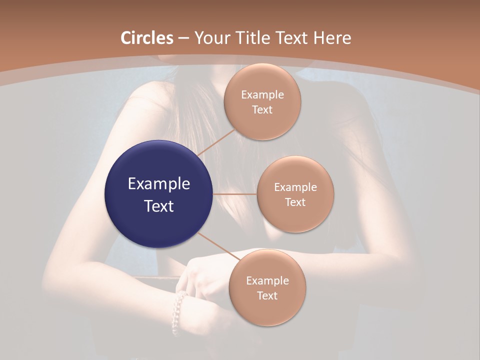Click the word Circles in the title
pos(147,38)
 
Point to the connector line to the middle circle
pos(235,193)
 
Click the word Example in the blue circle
pos(159,184)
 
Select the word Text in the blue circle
pos(159,206)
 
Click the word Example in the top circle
pos(262,95)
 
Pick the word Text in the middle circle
pos(295,202)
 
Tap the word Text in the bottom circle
pos(267,295)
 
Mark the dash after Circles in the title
pos(183,38)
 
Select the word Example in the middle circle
pos(295,187)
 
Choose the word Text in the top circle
pos(262,109)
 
